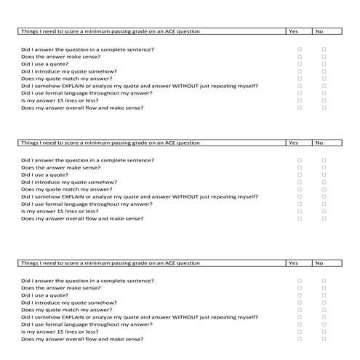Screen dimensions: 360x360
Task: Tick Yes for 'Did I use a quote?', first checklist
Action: [300, 63]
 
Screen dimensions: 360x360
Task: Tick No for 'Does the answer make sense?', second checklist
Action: [324, 167]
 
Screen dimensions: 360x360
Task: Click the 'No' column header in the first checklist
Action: [319, 31]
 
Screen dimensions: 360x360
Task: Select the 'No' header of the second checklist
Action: [319, 143]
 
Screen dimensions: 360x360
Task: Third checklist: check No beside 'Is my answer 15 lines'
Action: [324, 331]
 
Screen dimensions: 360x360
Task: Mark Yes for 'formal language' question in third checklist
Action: [300, 324]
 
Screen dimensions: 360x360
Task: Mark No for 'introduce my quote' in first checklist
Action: [324, 71]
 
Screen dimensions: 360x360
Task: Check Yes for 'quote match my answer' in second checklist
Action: [300, 189]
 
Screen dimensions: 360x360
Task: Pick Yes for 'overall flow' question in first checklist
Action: [300, 107]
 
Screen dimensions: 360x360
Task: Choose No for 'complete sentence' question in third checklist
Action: [324, 279]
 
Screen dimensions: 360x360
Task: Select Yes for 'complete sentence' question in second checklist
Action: [300, 160]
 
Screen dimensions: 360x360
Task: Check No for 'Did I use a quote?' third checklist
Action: [324, 295]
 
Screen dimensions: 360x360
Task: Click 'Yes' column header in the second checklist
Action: [294, 143]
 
